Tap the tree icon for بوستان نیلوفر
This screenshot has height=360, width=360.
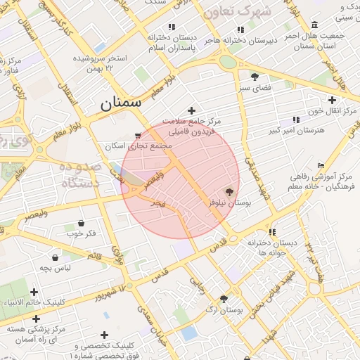229,191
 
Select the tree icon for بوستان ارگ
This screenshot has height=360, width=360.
224,299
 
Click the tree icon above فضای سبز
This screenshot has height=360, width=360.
254,77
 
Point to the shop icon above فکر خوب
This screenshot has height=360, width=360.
82,223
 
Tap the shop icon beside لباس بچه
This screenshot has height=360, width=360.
55,257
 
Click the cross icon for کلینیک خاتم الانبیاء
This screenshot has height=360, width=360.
34,292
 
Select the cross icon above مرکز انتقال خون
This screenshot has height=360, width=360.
333,101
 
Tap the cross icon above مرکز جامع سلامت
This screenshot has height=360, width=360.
191,110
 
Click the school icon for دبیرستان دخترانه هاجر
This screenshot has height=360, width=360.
240,30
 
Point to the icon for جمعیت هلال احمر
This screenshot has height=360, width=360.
313,25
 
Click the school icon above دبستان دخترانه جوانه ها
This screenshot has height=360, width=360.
272,232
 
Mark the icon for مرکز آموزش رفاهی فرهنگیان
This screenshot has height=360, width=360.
321,165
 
